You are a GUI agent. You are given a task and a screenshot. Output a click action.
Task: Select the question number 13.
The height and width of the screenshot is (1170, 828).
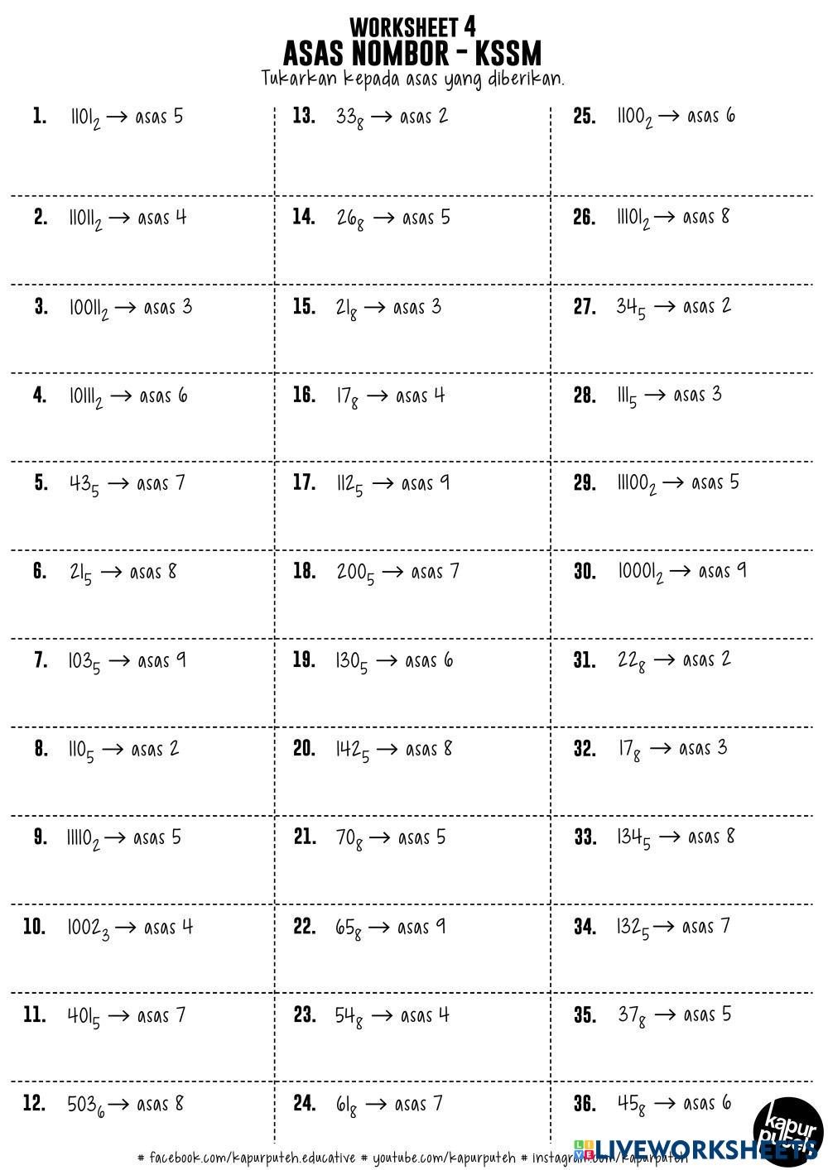tap(304, 116)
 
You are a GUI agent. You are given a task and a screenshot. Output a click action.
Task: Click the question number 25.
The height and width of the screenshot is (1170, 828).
tap(585, 116)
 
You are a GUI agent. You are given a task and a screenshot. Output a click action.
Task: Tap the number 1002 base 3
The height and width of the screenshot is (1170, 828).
tap(88, 928)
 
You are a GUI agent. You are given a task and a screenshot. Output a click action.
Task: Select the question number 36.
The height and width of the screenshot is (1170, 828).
tap(585, 1104)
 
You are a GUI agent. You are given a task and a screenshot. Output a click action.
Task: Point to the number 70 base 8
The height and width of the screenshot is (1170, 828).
tap(349, 839)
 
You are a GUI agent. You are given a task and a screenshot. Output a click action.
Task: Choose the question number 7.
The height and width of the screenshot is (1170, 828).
tap(41, 661)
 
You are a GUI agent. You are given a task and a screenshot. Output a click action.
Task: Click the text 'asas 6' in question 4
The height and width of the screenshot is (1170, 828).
tap(163, 396)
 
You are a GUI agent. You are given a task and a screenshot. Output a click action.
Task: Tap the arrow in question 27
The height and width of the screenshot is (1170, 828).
tap(664, 307)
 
